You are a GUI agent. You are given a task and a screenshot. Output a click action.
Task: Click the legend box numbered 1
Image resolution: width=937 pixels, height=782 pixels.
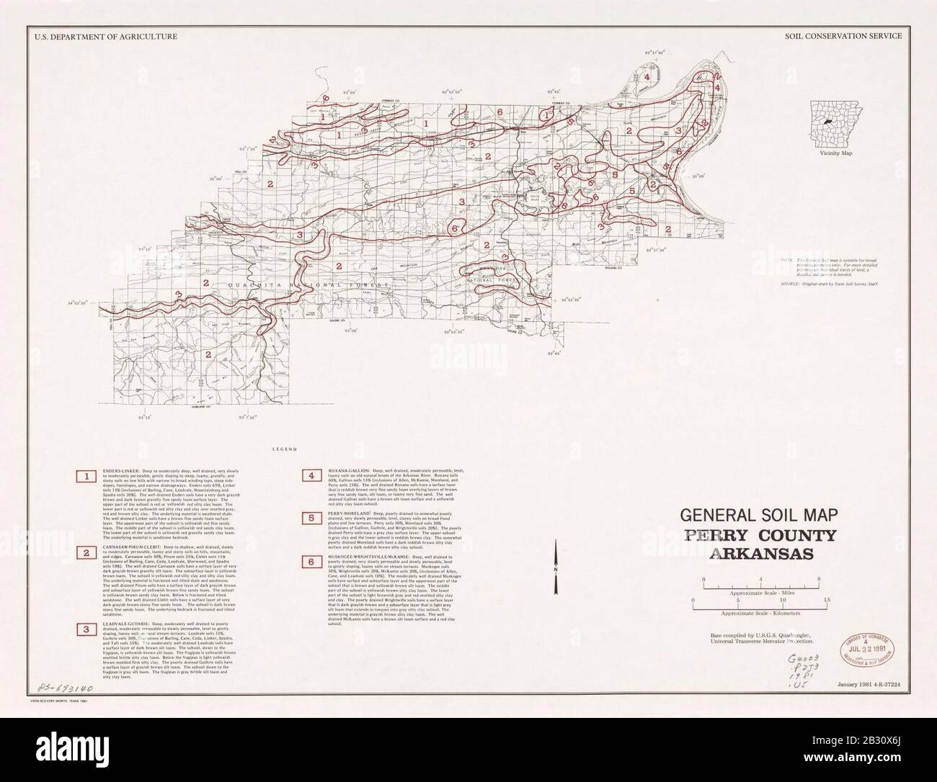[x=87, y=477]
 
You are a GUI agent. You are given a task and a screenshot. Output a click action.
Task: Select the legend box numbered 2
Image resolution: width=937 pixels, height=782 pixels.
[x=87, y=553]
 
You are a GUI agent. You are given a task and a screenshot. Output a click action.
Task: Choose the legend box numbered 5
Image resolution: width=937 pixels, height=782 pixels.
[x=311, y=517]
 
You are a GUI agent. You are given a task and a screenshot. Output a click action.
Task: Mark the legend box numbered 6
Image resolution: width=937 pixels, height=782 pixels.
[x=311, y=562]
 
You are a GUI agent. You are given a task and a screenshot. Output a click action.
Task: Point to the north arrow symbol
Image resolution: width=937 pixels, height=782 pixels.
[x=556, y=569]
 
